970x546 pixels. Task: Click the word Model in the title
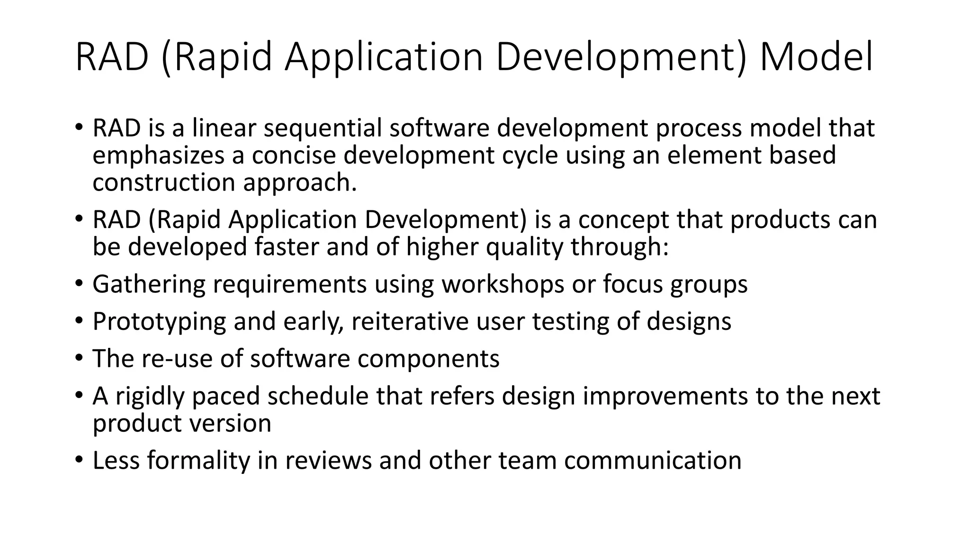(x=816, y=57)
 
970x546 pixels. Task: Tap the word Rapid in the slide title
(x=222, y=57)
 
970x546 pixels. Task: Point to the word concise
(x=294, y=155)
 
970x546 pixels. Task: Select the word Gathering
(x=148, y=284)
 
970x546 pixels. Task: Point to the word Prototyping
(x=159, y=321)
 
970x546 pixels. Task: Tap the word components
(x=428, y=358)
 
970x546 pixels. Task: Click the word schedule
(x=317, y=396)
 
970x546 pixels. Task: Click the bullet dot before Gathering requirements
(x=79, y=284)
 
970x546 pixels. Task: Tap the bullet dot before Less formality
(x=79, y=460)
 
